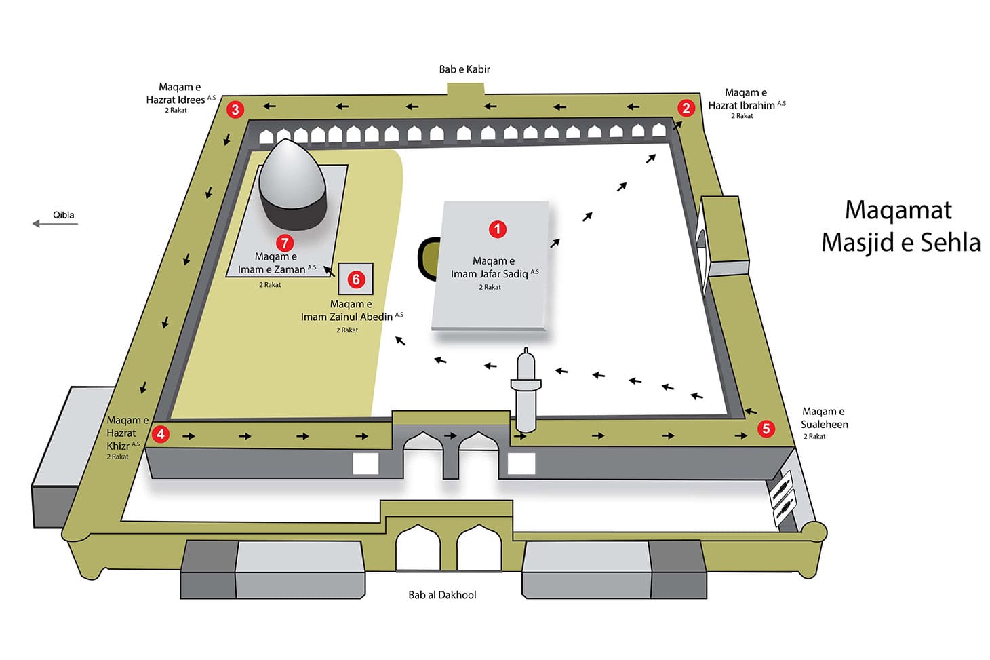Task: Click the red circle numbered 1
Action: point(497,229)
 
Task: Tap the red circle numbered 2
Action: point(686,108)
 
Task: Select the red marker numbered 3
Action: point(235,109)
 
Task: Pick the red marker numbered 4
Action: point(161,434)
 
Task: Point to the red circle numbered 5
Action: point(766,429)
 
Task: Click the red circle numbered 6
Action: point(356,279)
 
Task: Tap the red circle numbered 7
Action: point(285,243)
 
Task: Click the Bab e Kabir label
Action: point(464,69)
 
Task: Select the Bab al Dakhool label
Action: point(442,595)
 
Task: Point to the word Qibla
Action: point(64,215)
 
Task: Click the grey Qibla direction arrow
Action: point(55,224)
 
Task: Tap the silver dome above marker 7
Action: point(292,185)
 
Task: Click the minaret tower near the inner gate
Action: point(526,390)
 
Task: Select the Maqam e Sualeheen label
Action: point(825,419)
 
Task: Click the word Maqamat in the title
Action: point(898,210)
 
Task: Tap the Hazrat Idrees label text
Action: point(176,100)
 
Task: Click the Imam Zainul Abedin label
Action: point(346,317)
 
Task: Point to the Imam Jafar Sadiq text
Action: point(490,274)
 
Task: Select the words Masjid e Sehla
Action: point(900,243)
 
